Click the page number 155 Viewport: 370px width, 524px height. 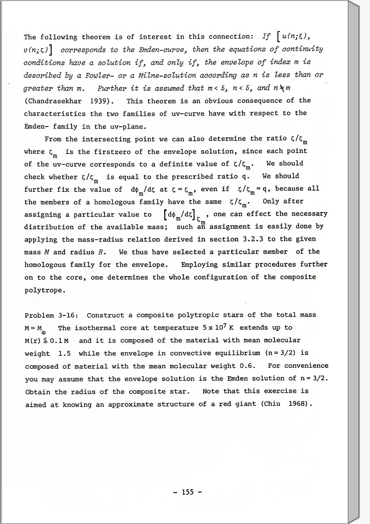(187, 492)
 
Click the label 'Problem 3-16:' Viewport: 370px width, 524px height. (51, 315)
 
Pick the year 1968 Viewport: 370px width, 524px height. (298, 404)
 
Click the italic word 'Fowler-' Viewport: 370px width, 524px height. (97, 76)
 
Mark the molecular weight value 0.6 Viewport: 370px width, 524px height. (247, 366)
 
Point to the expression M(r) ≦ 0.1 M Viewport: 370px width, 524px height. (47, 341)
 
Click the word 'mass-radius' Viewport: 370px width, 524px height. (98, 240)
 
